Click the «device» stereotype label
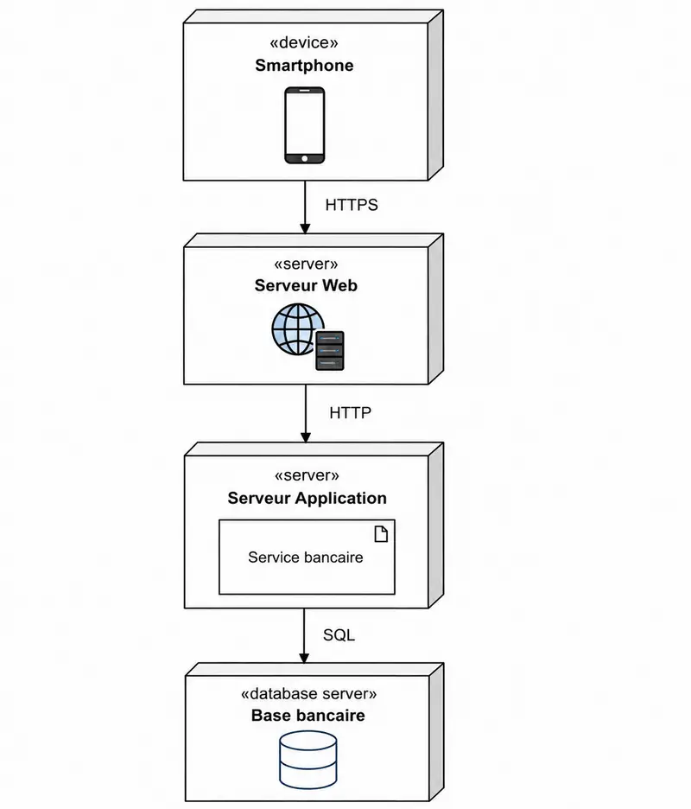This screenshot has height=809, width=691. [304, 42]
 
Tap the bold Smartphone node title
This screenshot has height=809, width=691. [304, 66]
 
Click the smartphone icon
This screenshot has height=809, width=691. [305, 125]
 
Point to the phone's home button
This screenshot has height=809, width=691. [305, 158]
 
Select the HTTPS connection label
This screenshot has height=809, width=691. [352, 205]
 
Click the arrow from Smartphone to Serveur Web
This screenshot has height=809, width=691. [305, 207]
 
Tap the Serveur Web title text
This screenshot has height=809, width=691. [306, 285]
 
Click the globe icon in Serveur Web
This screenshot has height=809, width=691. [297, 329]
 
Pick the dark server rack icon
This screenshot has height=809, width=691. [329, 351]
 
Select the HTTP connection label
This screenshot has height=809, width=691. [350, 413]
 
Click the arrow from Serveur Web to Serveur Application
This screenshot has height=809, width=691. [305, 413]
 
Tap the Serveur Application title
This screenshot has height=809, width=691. [307, 498]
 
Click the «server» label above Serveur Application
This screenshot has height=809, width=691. [307, 475]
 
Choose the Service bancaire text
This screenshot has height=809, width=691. [306, 557]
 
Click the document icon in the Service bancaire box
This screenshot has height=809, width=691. [381, 534]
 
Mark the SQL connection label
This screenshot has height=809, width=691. [339, 634]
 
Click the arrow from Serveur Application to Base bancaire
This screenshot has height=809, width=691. [304, 635]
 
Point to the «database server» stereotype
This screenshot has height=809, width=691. [308, 694]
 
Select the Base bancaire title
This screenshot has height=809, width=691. [307, 716]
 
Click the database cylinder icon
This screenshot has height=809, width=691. [308, 760]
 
